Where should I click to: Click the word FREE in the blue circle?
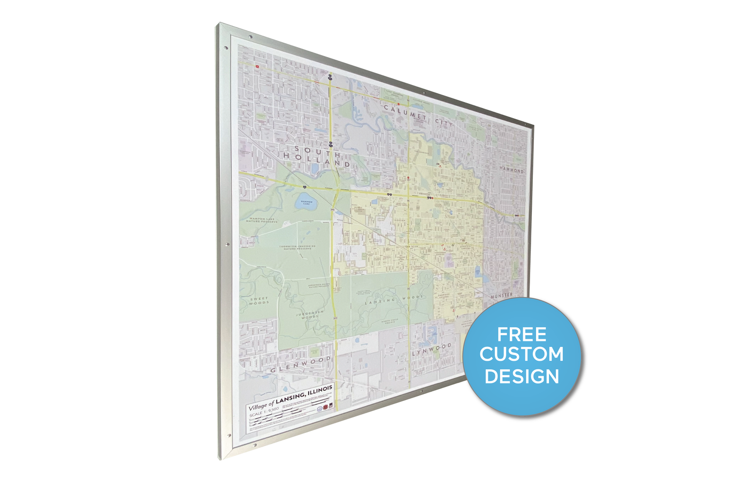point(522,335)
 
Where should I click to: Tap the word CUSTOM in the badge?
point(522,354)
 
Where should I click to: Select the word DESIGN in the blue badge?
point(522,376)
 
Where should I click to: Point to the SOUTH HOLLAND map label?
point(317,156)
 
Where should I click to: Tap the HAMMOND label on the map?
point(511,170)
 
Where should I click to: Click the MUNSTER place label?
point(501,295)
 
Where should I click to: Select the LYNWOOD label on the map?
point(432,350)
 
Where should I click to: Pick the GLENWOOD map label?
point(301,365)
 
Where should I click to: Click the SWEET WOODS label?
point(259,301)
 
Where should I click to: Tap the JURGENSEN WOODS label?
point(310,314)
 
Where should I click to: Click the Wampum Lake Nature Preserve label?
point(260,220)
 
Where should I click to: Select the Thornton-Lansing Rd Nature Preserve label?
point(297,247)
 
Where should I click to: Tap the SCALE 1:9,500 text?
point(264,412)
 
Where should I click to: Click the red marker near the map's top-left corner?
point(257,66)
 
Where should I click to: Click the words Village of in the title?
point(261,405)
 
